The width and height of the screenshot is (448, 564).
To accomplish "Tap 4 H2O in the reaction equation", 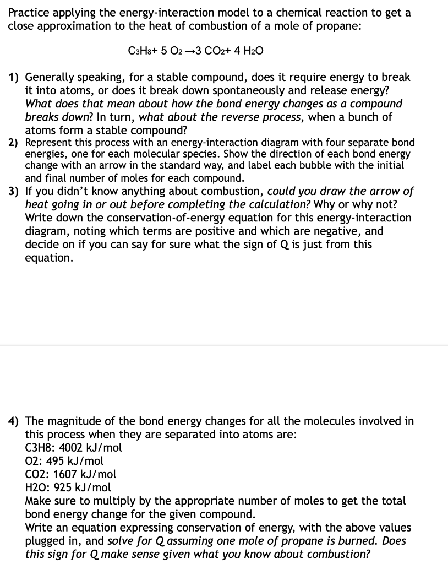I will point(248,51).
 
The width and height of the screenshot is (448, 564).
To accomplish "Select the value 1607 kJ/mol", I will point(90,474).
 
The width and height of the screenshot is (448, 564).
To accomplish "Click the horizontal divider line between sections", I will point(224,346).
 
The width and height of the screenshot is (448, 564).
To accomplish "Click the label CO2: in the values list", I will point(37,474).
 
